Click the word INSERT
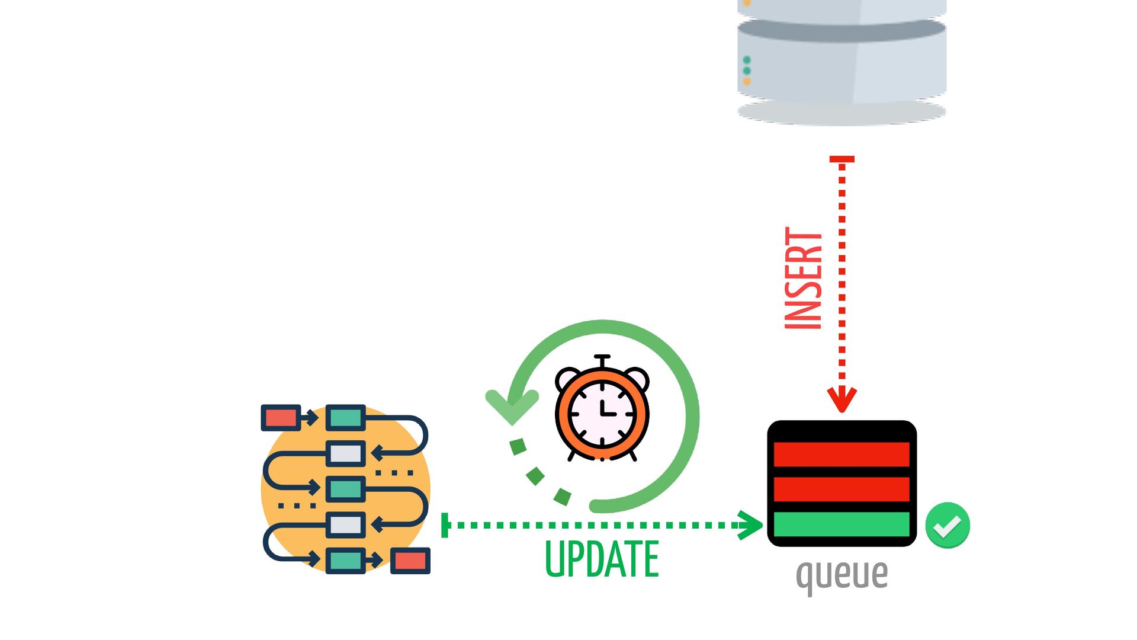click(x=804, y=279)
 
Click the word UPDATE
click(x=601, y=559)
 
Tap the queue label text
click(x=841, y=574)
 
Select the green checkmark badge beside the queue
click(x=947, y=526)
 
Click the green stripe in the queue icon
click(x=841, y=524)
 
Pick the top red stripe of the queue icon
click(x=841, y=455)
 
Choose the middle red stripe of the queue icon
click(x=841, y=489)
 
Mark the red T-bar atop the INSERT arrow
click(x=841, y=159)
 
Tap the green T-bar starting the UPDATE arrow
click(x=445, y=525)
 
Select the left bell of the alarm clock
click(x=568, y=377)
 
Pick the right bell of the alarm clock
click(x=637, y=377)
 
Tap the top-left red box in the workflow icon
click(x=281, y=418)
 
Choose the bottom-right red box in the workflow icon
click(x=410, y=561)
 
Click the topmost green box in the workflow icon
click(x=346, y=418)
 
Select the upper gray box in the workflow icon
click(x=346, y=454)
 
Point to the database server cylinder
click(x=841, y=59)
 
